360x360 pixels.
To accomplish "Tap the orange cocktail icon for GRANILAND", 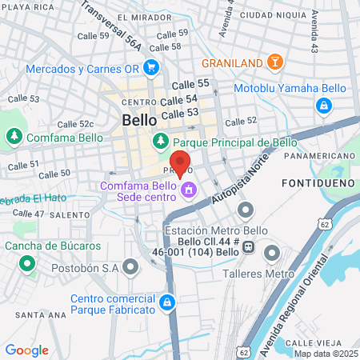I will [274, 62].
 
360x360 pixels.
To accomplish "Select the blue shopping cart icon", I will [14, 69].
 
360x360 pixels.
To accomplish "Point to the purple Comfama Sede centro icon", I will [189, 190].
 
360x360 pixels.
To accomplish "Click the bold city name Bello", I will [139, 119].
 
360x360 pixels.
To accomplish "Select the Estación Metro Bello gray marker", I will [245, 211].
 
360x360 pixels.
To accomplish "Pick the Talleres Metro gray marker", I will [272, 254].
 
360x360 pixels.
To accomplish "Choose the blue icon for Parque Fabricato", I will [166, 302].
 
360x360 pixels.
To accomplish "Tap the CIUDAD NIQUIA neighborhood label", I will [274, 14].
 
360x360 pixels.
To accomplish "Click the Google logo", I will [26, 350].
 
